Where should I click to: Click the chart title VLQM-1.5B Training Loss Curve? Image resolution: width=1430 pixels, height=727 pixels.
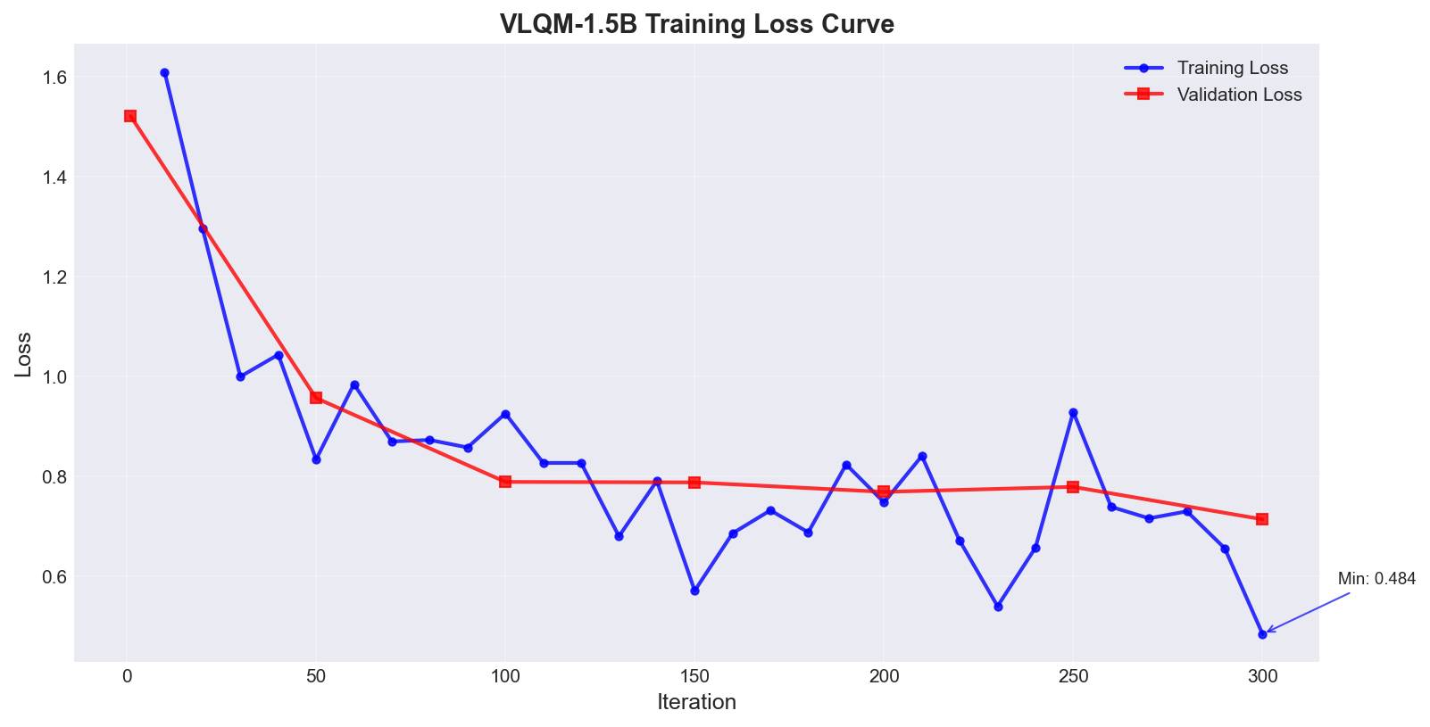(696, 24)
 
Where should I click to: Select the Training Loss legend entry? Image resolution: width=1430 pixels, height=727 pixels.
(1232, 68)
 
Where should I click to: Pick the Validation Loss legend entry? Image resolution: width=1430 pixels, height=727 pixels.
(1239, 95)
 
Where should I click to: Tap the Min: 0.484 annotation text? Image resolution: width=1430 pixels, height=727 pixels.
(1376, 579)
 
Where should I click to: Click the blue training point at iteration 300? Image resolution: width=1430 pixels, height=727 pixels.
(1262, 634)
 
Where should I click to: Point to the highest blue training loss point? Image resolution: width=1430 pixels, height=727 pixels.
(164, 73)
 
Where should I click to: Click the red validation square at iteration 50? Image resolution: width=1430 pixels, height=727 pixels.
(316, 398)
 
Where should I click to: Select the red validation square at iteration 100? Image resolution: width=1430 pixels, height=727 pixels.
(505, 482)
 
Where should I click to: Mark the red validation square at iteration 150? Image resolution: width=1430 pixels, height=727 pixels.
(694, 483)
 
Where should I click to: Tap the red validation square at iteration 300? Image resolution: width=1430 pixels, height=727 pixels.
(1262, 519)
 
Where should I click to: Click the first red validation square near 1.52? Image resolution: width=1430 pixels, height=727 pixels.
(130, 116)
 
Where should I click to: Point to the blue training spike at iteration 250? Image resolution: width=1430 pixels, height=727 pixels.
(1073, 413)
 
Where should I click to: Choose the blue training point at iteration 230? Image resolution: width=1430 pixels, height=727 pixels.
(998, 607)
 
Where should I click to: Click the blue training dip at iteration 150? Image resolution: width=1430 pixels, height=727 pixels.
(694, 591)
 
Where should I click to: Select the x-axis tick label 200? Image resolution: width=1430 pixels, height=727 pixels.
(884, 677)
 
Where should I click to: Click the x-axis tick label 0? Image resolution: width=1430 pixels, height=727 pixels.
(127, 677)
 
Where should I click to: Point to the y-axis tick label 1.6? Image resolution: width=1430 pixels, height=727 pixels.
(54, 78)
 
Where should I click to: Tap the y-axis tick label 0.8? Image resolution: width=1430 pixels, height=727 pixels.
(54, 476)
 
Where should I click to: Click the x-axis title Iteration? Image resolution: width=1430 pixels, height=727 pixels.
(696, 703)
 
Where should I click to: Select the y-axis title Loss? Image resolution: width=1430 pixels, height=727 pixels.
(24, 354)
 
